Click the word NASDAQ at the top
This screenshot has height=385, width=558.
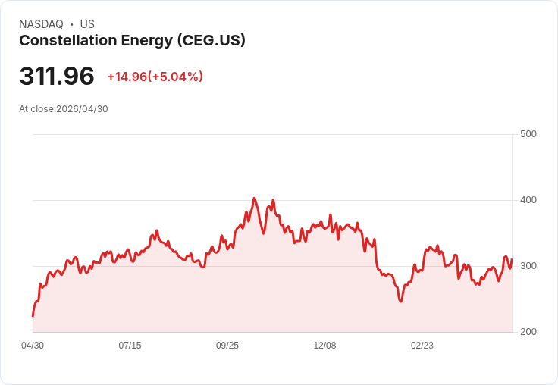pos(41,24)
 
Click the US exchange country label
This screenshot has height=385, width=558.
pos(87,24)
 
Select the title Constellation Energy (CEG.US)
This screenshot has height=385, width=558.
pos(132,41)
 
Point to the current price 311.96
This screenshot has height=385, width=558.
pos(57,76)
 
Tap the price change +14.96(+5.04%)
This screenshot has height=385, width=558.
pos(155,77)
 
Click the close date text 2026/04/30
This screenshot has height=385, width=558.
pos(82,109)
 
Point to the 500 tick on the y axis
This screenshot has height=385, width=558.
pos(528,134)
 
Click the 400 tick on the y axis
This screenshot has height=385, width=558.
pos(528,200)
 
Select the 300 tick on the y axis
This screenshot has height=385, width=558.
pos(528,266)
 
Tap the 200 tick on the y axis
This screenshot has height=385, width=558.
pos(528,332)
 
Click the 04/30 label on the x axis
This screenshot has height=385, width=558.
pos(33,346)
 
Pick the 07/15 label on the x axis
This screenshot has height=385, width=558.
pos(130,346)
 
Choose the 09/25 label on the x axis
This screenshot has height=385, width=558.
pos(227,346)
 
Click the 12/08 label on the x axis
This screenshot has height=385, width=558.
pos(324,346)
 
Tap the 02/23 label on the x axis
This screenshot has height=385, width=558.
pos(422,346)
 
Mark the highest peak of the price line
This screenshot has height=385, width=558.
pos(255,199)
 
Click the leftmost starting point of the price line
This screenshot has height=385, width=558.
pos(33,316)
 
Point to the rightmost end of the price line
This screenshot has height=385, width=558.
pos(512,260)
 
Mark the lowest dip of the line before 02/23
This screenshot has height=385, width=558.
pos(400,302)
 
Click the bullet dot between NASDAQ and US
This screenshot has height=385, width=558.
pos(72,24)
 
